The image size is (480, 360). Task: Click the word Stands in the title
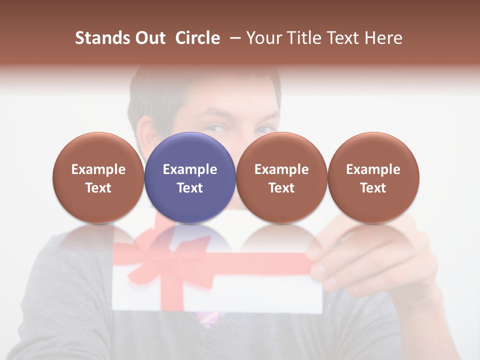[102, 38]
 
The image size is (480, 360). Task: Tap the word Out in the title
[149, 38]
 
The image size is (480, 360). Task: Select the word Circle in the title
[197, 38]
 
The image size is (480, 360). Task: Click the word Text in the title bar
[344, 38]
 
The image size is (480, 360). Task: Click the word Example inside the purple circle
[190, 169]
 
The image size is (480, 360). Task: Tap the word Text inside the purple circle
[190, 188]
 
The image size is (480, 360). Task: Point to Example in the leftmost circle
[98, 169]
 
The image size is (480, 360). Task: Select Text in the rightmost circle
[373, 188]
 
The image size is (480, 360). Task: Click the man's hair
[155, 92]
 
